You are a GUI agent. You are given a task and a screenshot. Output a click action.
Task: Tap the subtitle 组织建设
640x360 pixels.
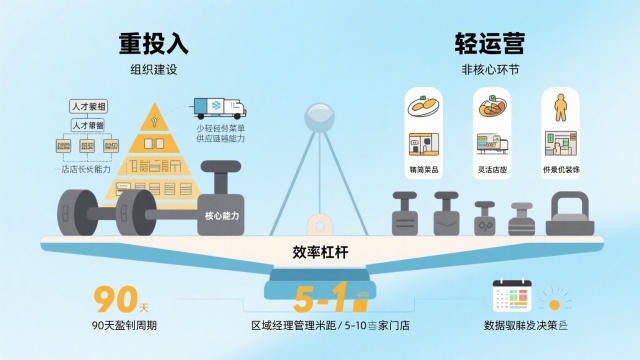pos(153,70)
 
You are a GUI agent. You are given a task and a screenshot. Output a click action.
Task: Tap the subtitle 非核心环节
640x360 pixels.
pos(490,70)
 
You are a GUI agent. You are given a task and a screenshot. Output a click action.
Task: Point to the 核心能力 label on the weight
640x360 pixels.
pos(222,214)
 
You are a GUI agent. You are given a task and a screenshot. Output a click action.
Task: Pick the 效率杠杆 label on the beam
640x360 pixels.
pos(320,251)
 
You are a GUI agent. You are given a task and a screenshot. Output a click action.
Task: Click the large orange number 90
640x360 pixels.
pos(114,298)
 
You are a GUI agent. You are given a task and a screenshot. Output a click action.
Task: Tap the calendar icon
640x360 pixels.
pos(511,297)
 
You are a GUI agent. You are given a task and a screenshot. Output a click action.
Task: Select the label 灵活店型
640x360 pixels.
pos(492,171)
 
